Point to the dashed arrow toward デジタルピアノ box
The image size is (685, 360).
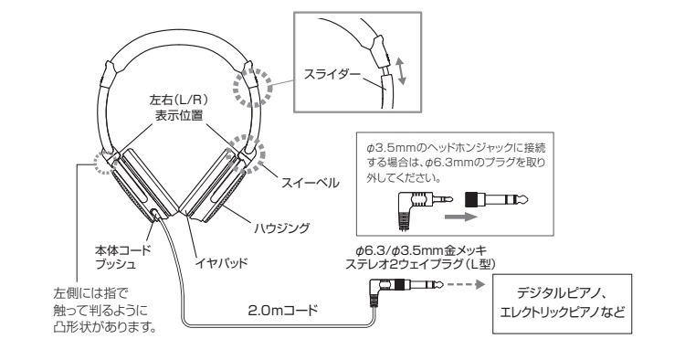(464, 285)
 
